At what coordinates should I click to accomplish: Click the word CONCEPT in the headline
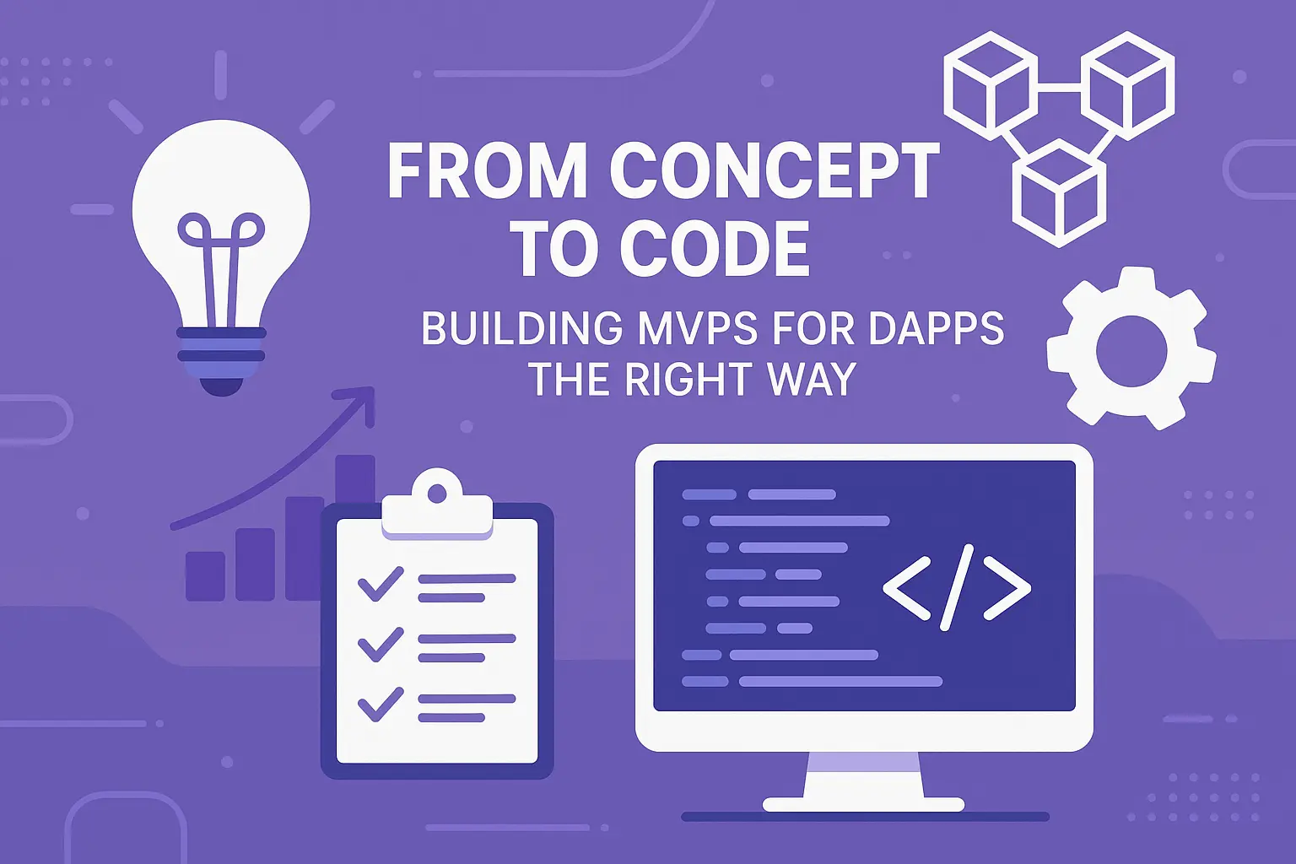tap(775, 172)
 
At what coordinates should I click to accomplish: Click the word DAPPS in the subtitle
tap(936, 329)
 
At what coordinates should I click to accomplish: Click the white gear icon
tap(1131, 348)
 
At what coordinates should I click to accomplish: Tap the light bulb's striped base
tap(221, 354)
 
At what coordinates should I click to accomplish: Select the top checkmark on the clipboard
tap(381, 583)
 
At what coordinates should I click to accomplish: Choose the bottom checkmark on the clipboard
tap(381, 705)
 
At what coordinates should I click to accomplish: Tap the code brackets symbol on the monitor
tap(957, 587)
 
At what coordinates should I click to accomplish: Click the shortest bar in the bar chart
tap(205, 575)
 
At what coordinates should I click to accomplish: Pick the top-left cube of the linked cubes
tap(990, 85)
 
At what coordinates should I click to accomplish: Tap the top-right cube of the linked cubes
tap(1128, 85)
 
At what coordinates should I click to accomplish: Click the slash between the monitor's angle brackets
tap(957, 587)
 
